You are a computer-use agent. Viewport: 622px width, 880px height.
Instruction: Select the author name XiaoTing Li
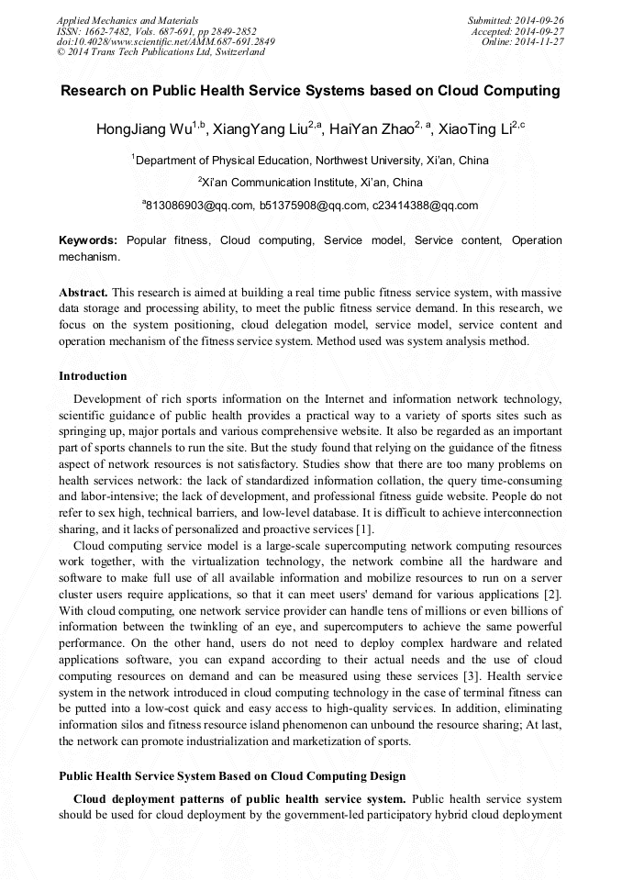tap(481, 129)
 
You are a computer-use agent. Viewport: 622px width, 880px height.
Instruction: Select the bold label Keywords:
tap(88, 240)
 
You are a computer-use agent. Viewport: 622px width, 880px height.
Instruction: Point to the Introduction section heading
tap(93, 376)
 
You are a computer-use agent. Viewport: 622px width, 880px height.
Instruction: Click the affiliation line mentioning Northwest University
tap(311, 161)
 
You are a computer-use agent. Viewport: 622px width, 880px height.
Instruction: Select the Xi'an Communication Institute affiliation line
tap(311, 183)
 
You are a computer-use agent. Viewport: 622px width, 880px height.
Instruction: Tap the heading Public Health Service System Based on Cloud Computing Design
tap(232, 776)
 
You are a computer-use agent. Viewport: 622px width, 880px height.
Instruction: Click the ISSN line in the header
tap(156, 30)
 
